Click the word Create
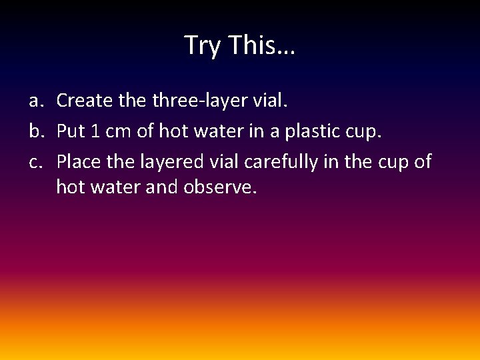[x=81, y=101]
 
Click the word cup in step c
[x=394, y=162]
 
